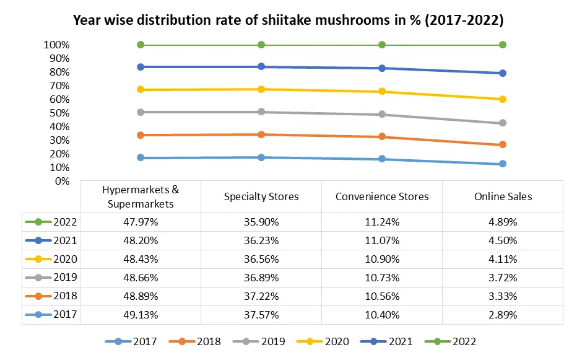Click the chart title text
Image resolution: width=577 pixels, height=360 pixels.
coord(288,20)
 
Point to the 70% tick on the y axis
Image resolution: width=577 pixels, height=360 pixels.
coord(56,86)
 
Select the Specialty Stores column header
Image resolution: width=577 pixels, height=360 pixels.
coord(261,196)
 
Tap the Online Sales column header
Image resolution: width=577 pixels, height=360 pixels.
coord(503,196)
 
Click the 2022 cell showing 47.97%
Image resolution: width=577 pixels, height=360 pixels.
coord(141,222)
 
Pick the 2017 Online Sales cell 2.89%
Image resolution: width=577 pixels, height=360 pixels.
coord(503,315)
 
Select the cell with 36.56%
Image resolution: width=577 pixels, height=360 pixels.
coord(261,259)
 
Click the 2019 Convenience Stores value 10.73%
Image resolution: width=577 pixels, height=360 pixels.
coord(382,278)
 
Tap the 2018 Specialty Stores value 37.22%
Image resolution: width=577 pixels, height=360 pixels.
coord(261,296)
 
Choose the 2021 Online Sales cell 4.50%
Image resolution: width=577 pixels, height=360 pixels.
coord(503,240)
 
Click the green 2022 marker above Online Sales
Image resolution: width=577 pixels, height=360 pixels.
coord(503,45)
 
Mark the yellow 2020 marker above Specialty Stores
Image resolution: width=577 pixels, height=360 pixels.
coord(261,89)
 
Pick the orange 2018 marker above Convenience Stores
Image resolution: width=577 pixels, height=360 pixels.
coord(382,137)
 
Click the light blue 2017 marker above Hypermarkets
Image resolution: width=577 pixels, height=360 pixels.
coord(141,158)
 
